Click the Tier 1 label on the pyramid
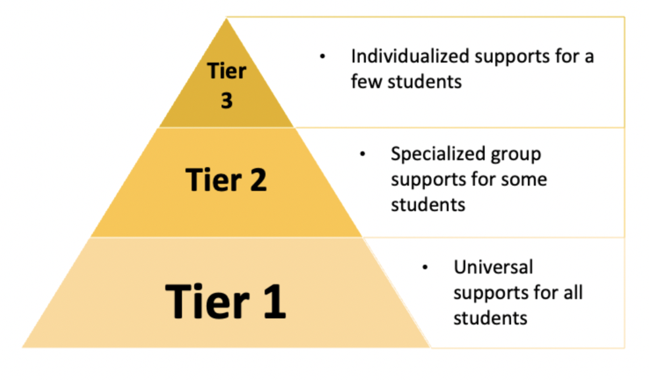click(226, 301)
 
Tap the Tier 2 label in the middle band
click(226, 179)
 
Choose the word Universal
click(493, 267)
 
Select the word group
click(516, 154)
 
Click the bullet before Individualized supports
click(323, 57)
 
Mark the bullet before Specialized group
click(362, 154)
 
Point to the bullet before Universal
click(425, 267)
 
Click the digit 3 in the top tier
click(226, 101)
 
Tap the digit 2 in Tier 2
click(257, 179)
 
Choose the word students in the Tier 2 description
click(428, 204)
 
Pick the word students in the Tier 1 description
click(490, 318)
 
